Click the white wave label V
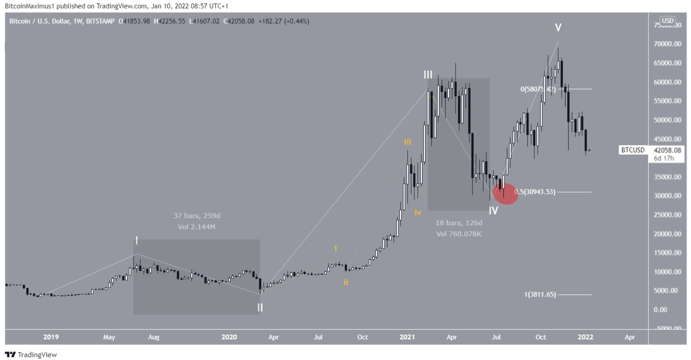(x=558, y=28)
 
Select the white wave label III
(x=428, y=75)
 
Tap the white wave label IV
(x=493, y=211)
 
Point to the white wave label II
(x=260, y=308)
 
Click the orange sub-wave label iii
(x=407, y=142)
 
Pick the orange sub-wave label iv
(x=417, y=213)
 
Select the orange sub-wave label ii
(x=346, y=282)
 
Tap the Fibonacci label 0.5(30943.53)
(x=535, y=192)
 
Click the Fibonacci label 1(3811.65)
(x=540, y=295)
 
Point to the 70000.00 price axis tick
(x=667, y=44)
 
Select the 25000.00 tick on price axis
(x=667, y=215)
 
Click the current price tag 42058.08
(x=667, y=150)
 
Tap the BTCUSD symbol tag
(x=633, y=150)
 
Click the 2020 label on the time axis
(x=229, y=337)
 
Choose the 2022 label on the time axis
(x=585, y=337)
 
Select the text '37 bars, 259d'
(x=197, y=215)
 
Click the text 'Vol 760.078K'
(x=459, y=234)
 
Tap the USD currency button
(x=667, y=21)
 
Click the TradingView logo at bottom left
(x=31, y=354)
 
